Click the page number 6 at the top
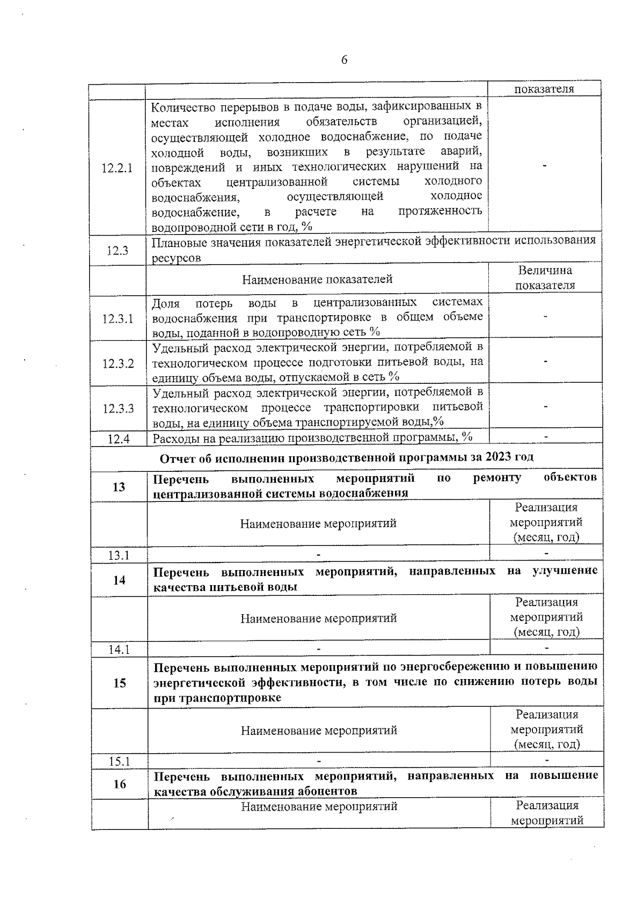pos(344,60)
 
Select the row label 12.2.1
pos(117,168)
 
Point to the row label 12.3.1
pos(118,318)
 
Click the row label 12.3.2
pos(118,363)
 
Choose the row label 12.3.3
pos(118,409)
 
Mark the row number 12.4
pos(119,439)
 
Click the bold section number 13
pos(119,487)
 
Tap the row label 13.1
pos(119,555)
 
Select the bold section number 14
pos(119,580)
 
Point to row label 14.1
pos(119,650)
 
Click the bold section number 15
pos(120,683)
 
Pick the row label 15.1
pos(120,761)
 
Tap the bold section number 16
pos(120,784)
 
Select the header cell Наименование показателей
pos(317,279)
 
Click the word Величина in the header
pos(545,271)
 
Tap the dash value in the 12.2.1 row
pos(545,167)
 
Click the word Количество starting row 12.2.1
pos(180,107)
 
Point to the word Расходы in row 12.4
pos(173,438)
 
